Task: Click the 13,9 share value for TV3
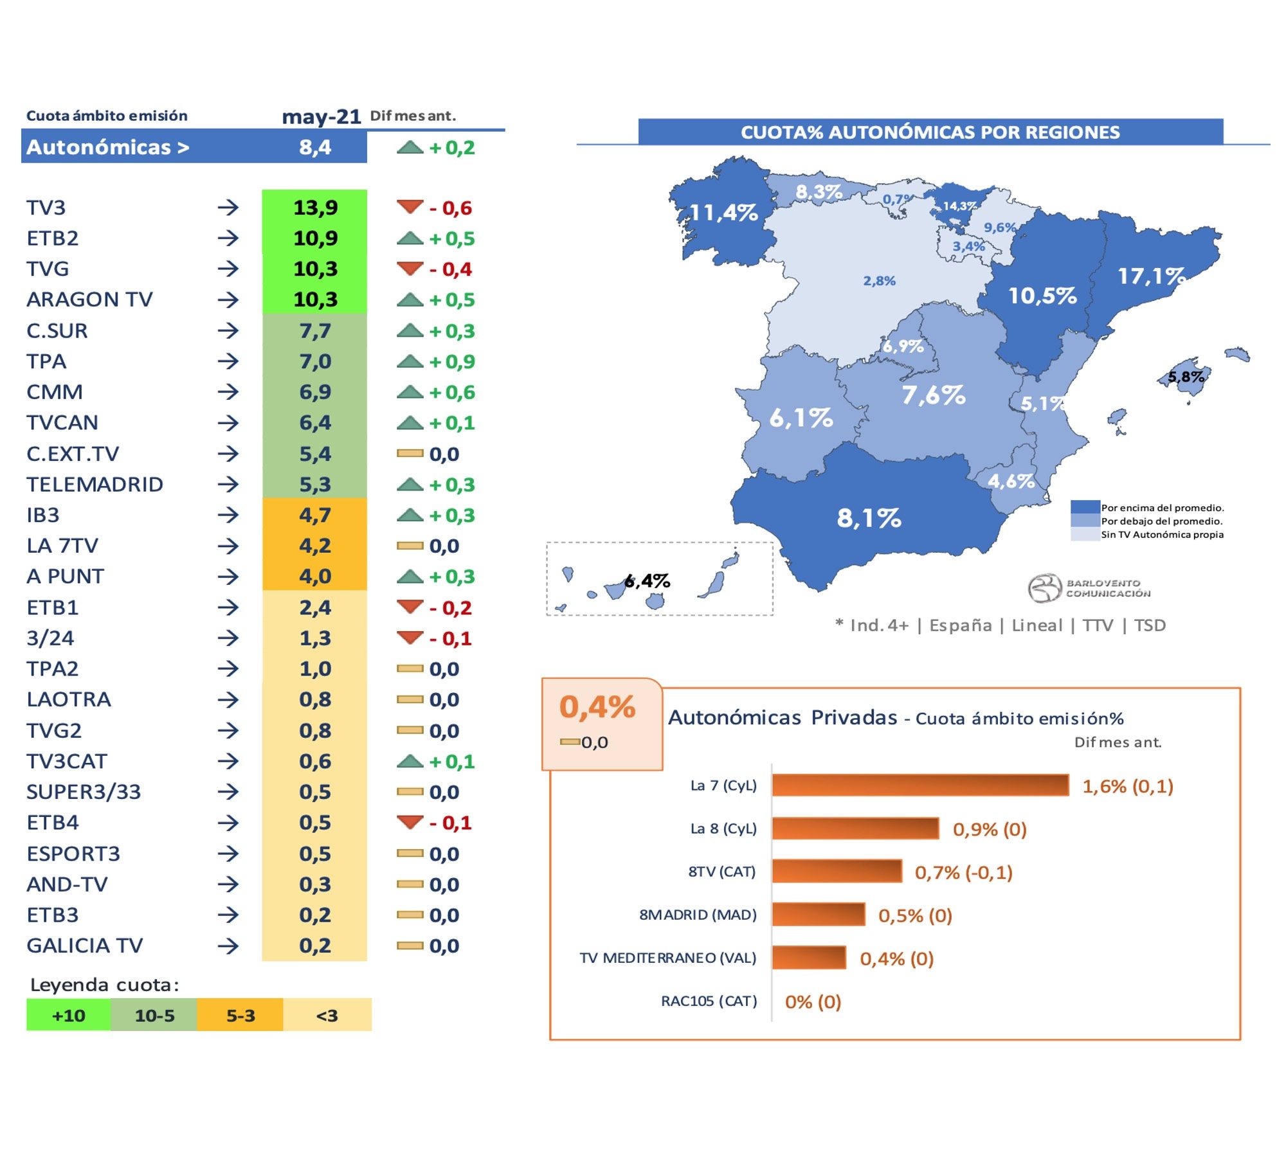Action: point(315,208)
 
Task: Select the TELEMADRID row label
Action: point(95,485)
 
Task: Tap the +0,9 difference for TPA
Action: point(452,362)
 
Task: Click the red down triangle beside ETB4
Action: point(410,822)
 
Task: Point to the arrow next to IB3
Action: point(228,516)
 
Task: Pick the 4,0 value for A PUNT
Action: point(315,577)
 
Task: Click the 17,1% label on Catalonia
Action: point(1151,276)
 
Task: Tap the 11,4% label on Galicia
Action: point(723,213)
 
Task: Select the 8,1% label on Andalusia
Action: point(869,518)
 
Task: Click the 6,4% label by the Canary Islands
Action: point(648,581)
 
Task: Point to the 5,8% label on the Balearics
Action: point(1186,377)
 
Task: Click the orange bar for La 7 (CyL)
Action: point(919,785)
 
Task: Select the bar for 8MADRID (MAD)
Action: point(818,915)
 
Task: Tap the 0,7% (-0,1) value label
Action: point(963,872)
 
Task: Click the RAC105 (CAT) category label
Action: point(709,1001)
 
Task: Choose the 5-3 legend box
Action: point(240,1016)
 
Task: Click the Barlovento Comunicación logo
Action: point(1089,588)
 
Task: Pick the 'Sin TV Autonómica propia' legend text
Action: point(1161,535)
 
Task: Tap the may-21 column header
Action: point(321,116)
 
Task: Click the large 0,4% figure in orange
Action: point(597,707)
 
